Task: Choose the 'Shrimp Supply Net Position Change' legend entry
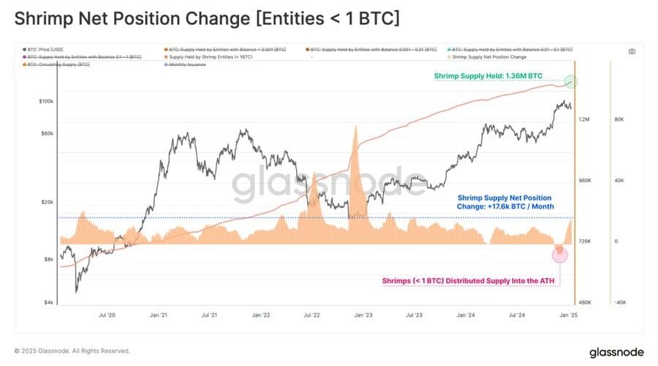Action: pos(484,56)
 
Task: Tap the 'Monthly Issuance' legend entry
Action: pos(186,64)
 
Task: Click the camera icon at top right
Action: pos(632,51)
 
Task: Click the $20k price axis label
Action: pos(48,202)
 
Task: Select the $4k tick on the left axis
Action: pos(49,302)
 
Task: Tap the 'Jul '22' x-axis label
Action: pos(312,315)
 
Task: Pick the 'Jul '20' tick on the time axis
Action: pos(107,315)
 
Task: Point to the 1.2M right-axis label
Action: pos(585,119)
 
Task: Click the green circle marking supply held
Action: pos(572,81)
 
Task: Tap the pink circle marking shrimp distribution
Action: pos(560,254)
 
